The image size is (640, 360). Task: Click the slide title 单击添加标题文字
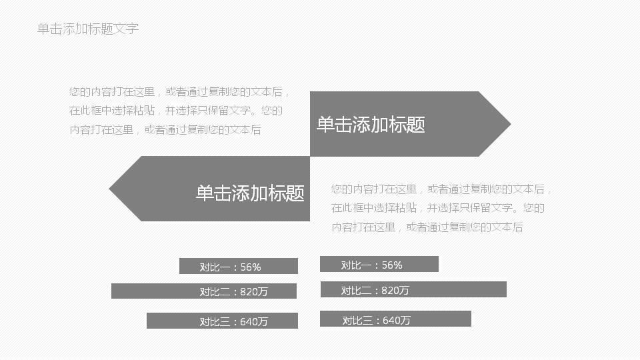pyautogui.click(x=88, y=29)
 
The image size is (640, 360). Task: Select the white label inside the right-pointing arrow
pyautogui.click(x=371, y=125)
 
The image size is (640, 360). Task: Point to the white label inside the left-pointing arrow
pyautogui.click(x=250, y=193)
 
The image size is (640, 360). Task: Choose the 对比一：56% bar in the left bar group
pyautogui.click(x=238, y=266)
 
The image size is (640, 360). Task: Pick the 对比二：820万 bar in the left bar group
pyautogui.click(x=203, y=291)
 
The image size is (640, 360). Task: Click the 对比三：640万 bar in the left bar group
pyautogui.click(x=221, y=321)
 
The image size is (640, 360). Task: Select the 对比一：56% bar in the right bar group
pyautogui.click(x=379, y=264)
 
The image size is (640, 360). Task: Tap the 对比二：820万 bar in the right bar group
pyautogui.click(x=413, y=289)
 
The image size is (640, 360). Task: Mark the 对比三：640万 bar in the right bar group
pyautogui.click(x=395, y=319)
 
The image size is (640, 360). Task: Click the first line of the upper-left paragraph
pyautogui.click(x=179, y=93)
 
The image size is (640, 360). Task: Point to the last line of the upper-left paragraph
pyautogui.click(x=165, y=130)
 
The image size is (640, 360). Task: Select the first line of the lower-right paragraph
pyautogui.click(x=441, y=190)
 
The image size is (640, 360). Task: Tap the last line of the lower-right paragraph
pyautogui.click(x=427, y=227)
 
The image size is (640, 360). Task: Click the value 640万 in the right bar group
pyautogui.click(x=397, y=321)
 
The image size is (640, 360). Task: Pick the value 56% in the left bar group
pyautogui.click(x=251, y=267)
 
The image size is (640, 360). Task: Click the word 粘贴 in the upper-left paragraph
pyautogui.click(x=145, y=111)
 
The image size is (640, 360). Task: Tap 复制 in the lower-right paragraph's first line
pyautogui.click(x=474, y=190)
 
